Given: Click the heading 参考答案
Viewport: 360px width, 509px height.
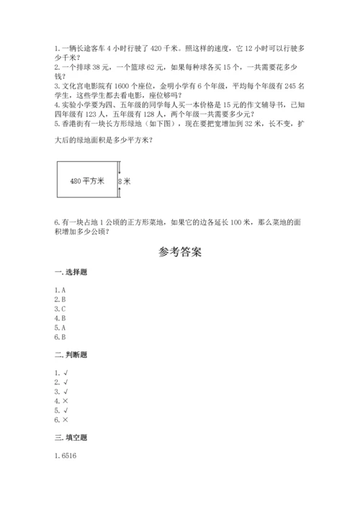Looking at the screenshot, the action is (x=180, y=253).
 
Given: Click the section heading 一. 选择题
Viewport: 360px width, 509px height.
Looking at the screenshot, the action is (x=69, y=272).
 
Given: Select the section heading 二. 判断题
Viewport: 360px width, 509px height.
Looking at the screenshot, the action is (x=69, y=355).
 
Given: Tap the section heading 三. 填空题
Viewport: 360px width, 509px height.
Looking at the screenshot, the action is (x=69, y=438).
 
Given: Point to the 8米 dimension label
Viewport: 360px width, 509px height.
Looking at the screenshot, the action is (x=125, y=181).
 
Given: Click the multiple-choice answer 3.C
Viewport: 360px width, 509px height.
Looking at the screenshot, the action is (x=60, y=307).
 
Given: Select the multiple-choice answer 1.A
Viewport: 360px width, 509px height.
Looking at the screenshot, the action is (x=60, y=290).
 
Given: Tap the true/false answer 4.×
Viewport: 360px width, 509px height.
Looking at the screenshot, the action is (x=60, y=400).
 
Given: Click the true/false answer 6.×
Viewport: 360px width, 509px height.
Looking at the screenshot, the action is (x=60, y=419).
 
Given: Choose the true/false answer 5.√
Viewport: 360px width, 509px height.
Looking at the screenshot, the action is (x=60, y=410).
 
